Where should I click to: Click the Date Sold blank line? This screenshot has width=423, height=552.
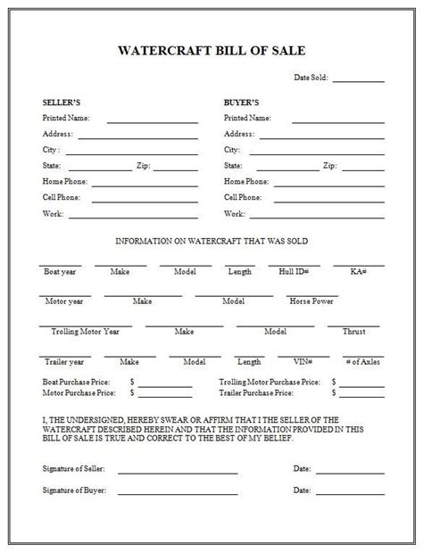(x=359, y=81)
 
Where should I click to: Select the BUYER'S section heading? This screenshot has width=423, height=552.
(x=240, y=102)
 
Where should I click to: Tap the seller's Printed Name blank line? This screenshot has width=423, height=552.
(x=153, y=120)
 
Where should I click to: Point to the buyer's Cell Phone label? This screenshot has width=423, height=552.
(x=243, y=197)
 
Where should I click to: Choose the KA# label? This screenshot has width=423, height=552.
(x=359, y=270)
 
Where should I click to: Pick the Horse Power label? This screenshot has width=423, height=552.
(x=311, y=301)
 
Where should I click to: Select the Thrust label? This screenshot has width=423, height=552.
(x=353, y=331)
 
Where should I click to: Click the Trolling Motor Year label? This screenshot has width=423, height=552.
(x=86, y=331)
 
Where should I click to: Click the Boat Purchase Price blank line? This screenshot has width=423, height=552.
(x=165, y=385)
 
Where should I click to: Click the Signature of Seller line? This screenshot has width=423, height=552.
(x=178, y=470)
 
